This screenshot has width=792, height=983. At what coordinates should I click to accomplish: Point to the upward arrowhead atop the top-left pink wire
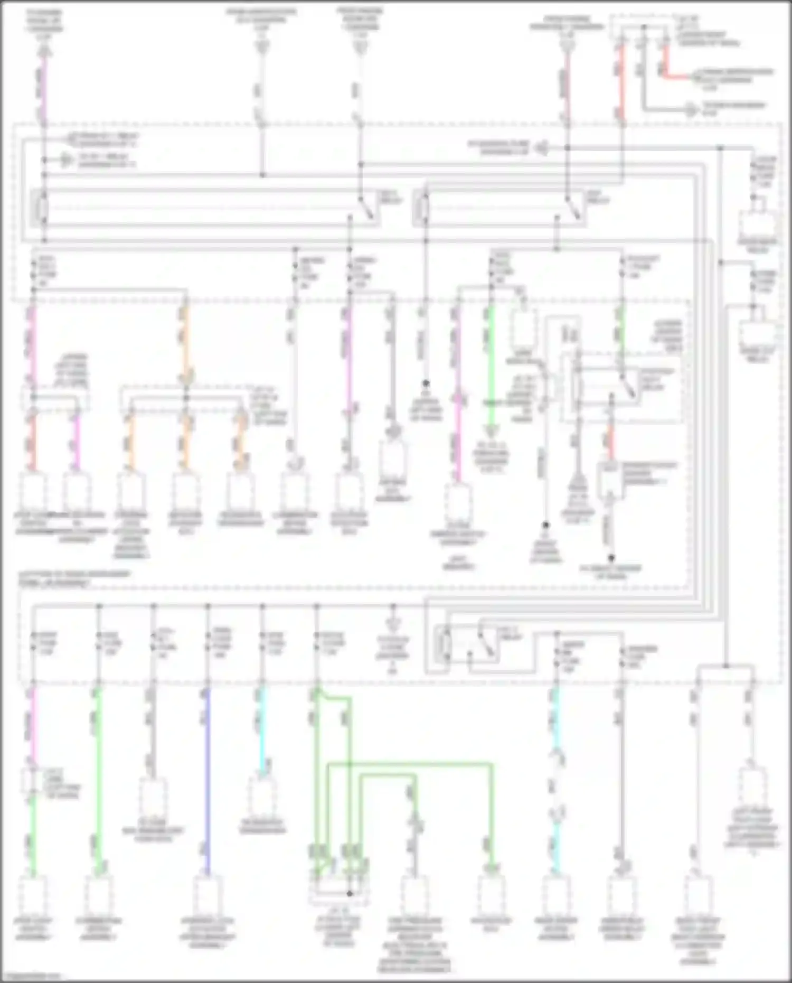click(x=44, y=51)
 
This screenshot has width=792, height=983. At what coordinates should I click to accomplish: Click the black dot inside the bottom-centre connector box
click(x=349, y=894)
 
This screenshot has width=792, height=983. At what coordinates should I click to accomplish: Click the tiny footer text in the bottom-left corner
click(x=31, y=976)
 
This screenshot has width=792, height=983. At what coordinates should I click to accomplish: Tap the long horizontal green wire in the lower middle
click(x=412, y=764)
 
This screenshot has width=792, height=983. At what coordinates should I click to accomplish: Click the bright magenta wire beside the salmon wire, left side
click(x=77, y=441)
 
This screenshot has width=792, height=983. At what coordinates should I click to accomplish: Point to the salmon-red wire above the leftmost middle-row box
click(x=33, y=441)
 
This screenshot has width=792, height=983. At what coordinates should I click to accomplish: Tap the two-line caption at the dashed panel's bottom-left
click(x=74, y=578)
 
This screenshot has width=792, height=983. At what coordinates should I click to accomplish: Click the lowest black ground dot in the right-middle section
click(x=611, y=558)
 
